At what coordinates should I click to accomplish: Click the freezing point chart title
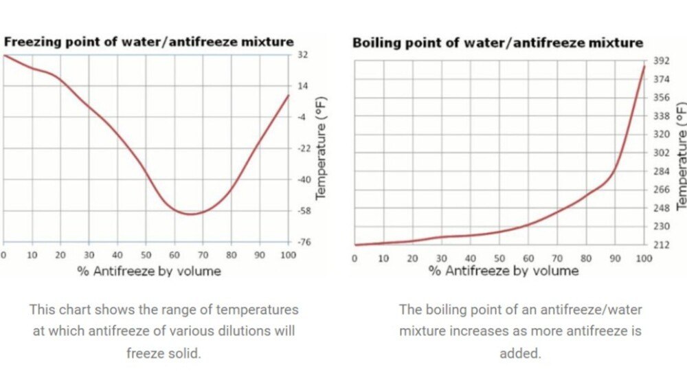coord(149,42)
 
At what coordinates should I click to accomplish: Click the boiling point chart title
coord(497,43)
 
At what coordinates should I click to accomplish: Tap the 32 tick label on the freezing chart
coord(302,54)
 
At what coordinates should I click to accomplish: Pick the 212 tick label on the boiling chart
coord(661,245)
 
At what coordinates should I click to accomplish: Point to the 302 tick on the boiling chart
coord(661,153)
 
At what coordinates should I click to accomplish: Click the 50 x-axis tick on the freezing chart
coord(146,255)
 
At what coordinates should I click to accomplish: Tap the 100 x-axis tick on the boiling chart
coord(643,258)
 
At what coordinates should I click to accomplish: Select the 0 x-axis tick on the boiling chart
coord(354,258)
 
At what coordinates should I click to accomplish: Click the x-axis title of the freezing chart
coord(149,271)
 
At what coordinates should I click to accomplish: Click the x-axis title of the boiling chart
coord(504,271)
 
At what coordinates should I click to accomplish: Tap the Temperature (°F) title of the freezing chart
coord(321,148)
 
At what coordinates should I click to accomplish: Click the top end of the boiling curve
coord(644,66)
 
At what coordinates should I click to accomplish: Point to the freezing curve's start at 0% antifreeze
coord(4,55)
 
